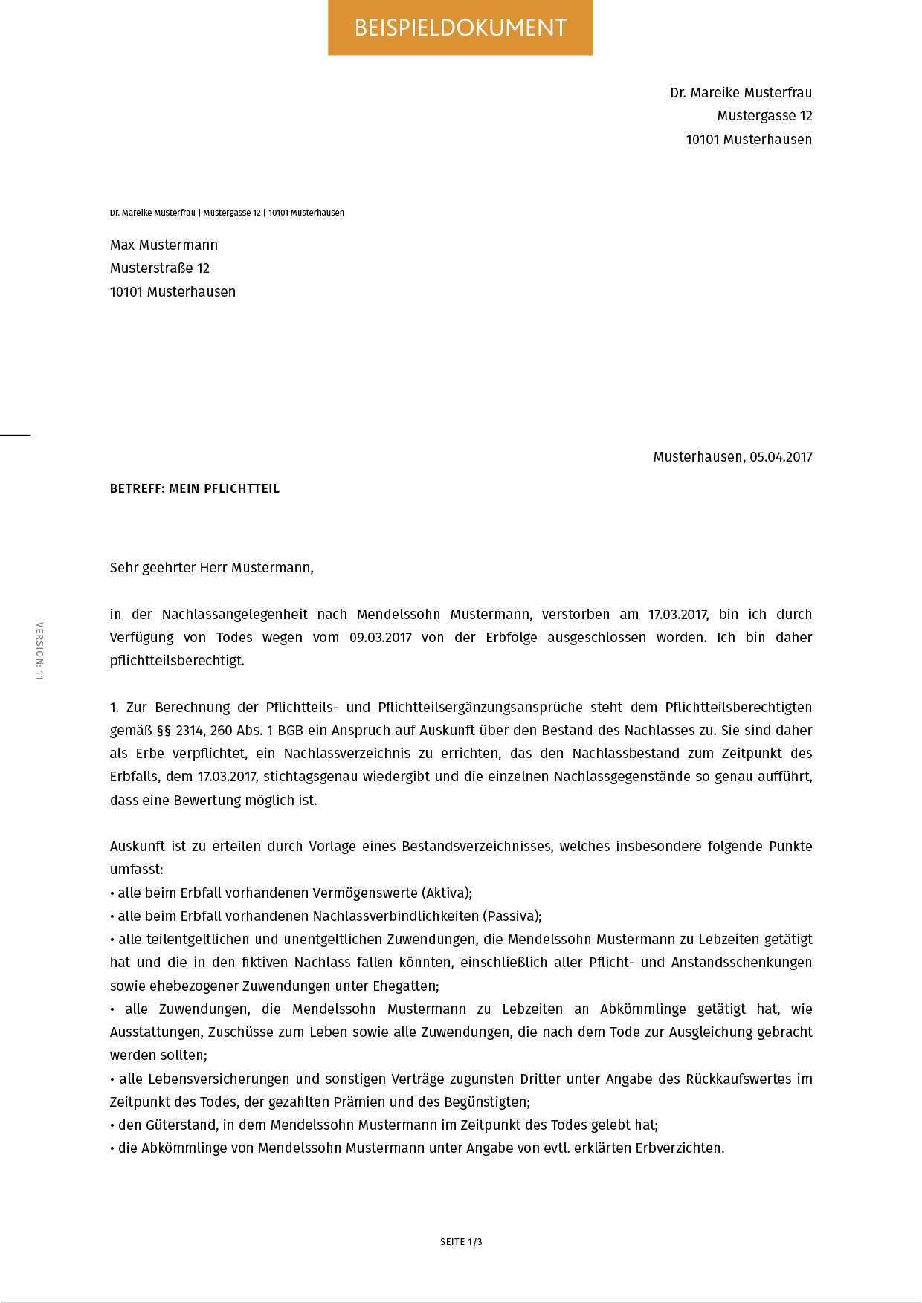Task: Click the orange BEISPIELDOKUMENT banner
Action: tap(460, 28)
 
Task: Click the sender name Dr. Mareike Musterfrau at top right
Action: tap(741, 93)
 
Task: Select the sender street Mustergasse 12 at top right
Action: tap(764, 116)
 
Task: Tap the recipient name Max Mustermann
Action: tap(164, 245)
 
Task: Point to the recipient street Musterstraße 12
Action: tap(160, 268)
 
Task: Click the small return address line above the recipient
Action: tap(227, 213)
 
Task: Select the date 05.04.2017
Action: tap(781, 457)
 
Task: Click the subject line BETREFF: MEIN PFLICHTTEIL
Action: tap(195, 489)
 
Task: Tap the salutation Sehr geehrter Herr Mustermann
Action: tap(212, 568)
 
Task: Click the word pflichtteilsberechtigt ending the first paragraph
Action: tap(176, 661)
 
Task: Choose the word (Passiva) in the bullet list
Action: tap(512, 916)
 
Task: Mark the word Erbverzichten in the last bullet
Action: tap(679, 1148)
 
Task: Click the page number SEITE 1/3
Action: tap(461, 1242)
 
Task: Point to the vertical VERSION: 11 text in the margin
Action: tap(40, 651)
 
